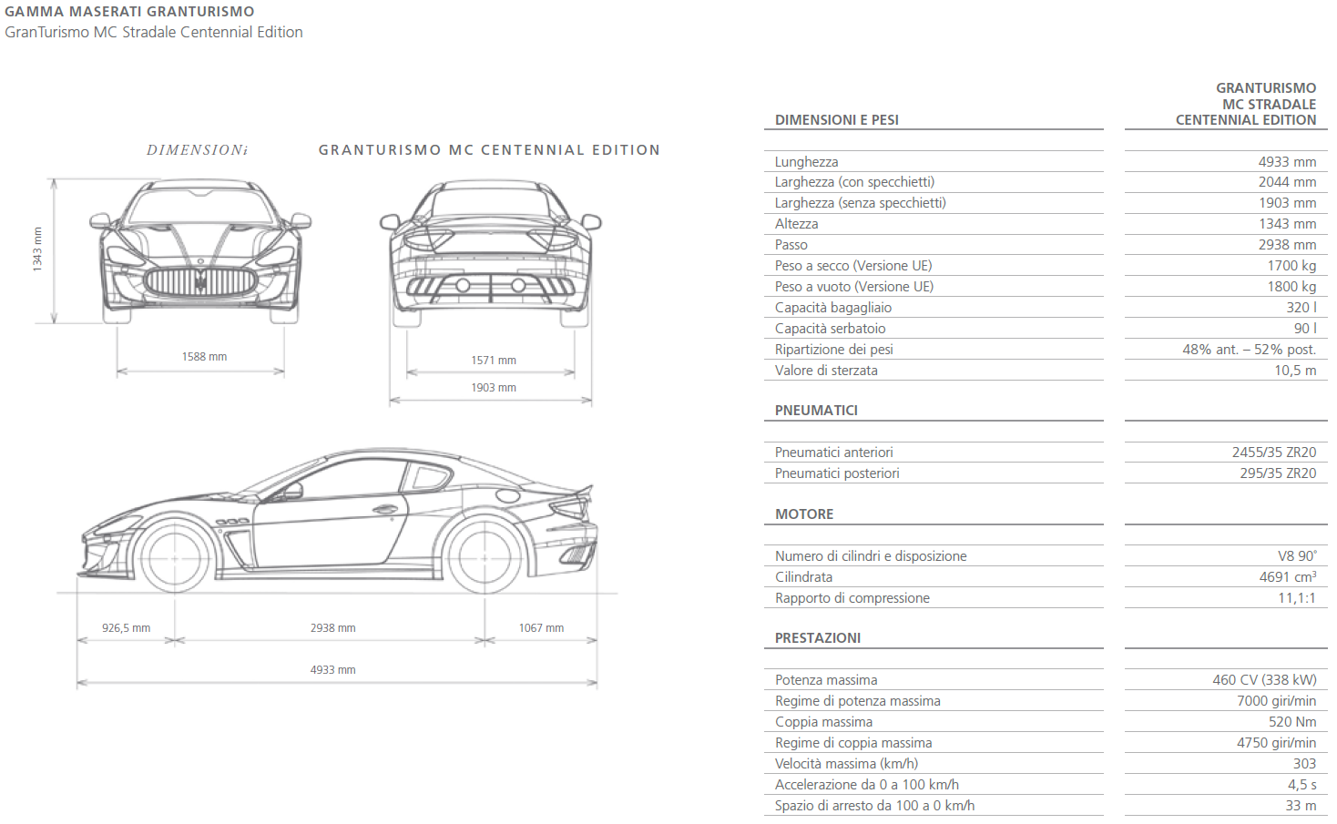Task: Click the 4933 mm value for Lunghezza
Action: pos(1287,162)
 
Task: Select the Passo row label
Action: pos(791,245)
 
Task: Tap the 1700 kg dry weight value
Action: pos(1291,266)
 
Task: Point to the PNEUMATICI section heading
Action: pos(816,411)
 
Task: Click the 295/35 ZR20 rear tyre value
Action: pos(1278,473)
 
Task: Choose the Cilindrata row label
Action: pos(803,577)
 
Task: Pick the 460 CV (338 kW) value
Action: pos(1264,680)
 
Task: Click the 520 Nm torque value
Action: pos(1292,722)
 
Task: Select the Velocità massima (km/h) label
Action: pos(846,764)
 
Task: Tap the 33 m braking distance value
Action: pos(1301,806)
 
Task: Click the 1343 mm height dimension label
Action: pos(37,249)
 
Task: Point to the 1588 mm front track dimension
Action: pos(204,357)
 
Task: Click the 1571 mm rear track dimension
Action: pos(494,361)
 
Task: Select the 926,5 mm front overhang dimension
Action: pos(126,628)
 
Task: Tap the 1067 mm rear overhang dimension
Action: pos(541,628)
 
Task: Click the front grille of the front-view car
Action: pos(201,280)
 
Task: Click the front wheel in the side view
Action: pos(174,557)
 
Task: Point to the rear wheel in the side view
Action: pos(485,557)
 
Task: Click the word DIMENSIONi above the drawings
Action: pos(197,150)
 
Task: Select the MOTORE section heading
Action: pos(804,514)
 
